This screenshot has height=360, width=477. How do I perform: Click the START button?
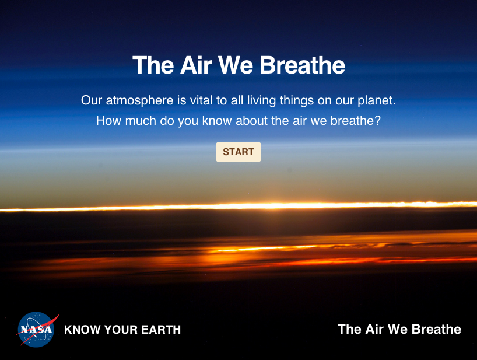[x=239, y=152]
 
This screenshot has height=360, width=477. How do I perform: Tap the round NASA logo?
[x=36, y=329]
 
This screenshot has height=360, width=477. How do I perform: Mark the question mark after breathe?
[x=377, y=121]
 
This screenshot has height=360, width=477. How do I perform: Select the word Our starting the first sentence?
[x=92, y=100]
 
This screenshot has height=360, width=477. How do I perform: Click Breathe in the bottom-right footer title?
[x=436, y=329]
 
